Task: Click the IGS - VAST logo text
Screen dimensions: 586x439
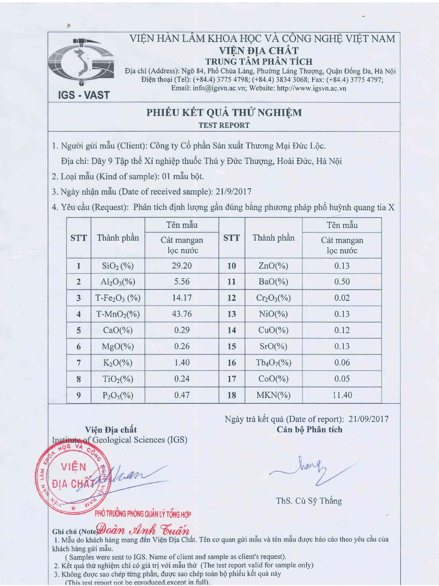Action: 84,95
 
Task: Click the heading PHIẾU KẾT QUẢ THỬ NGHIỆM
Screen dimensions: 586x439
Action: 224,112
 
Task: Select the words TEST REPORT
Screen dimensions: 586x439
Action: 224,125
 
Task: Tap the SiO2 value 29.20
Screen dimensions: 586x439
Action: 182,265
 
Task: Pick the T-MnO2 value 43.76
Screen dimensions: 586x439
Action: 182,314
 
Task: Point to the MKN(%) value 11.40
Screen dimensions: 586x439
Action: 342,395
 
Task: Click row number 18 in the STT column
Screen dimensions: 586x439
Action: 232,395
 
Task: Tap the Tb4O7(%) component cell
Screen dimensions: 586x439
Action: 273,362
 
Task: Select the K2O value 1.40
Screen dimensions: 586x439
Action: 182,362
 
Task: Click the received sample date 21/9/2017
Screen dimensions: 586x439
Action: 233,192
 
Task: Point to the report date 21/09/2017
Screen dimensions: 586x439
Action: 368,419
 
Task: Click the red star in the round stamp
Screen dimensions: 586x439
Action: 74,508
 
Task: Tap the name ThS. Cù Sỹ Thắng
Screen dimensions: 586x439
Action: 309,501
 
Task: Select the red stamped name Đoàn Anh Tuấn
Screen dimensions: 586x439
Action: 143,530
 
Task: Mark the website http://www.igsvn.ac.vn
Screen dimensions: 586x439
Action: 311,88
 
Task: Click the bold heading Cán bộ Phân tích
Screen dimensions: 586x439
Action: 309,429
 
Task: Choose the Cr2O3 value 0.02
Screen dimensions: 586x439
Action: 342,298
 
